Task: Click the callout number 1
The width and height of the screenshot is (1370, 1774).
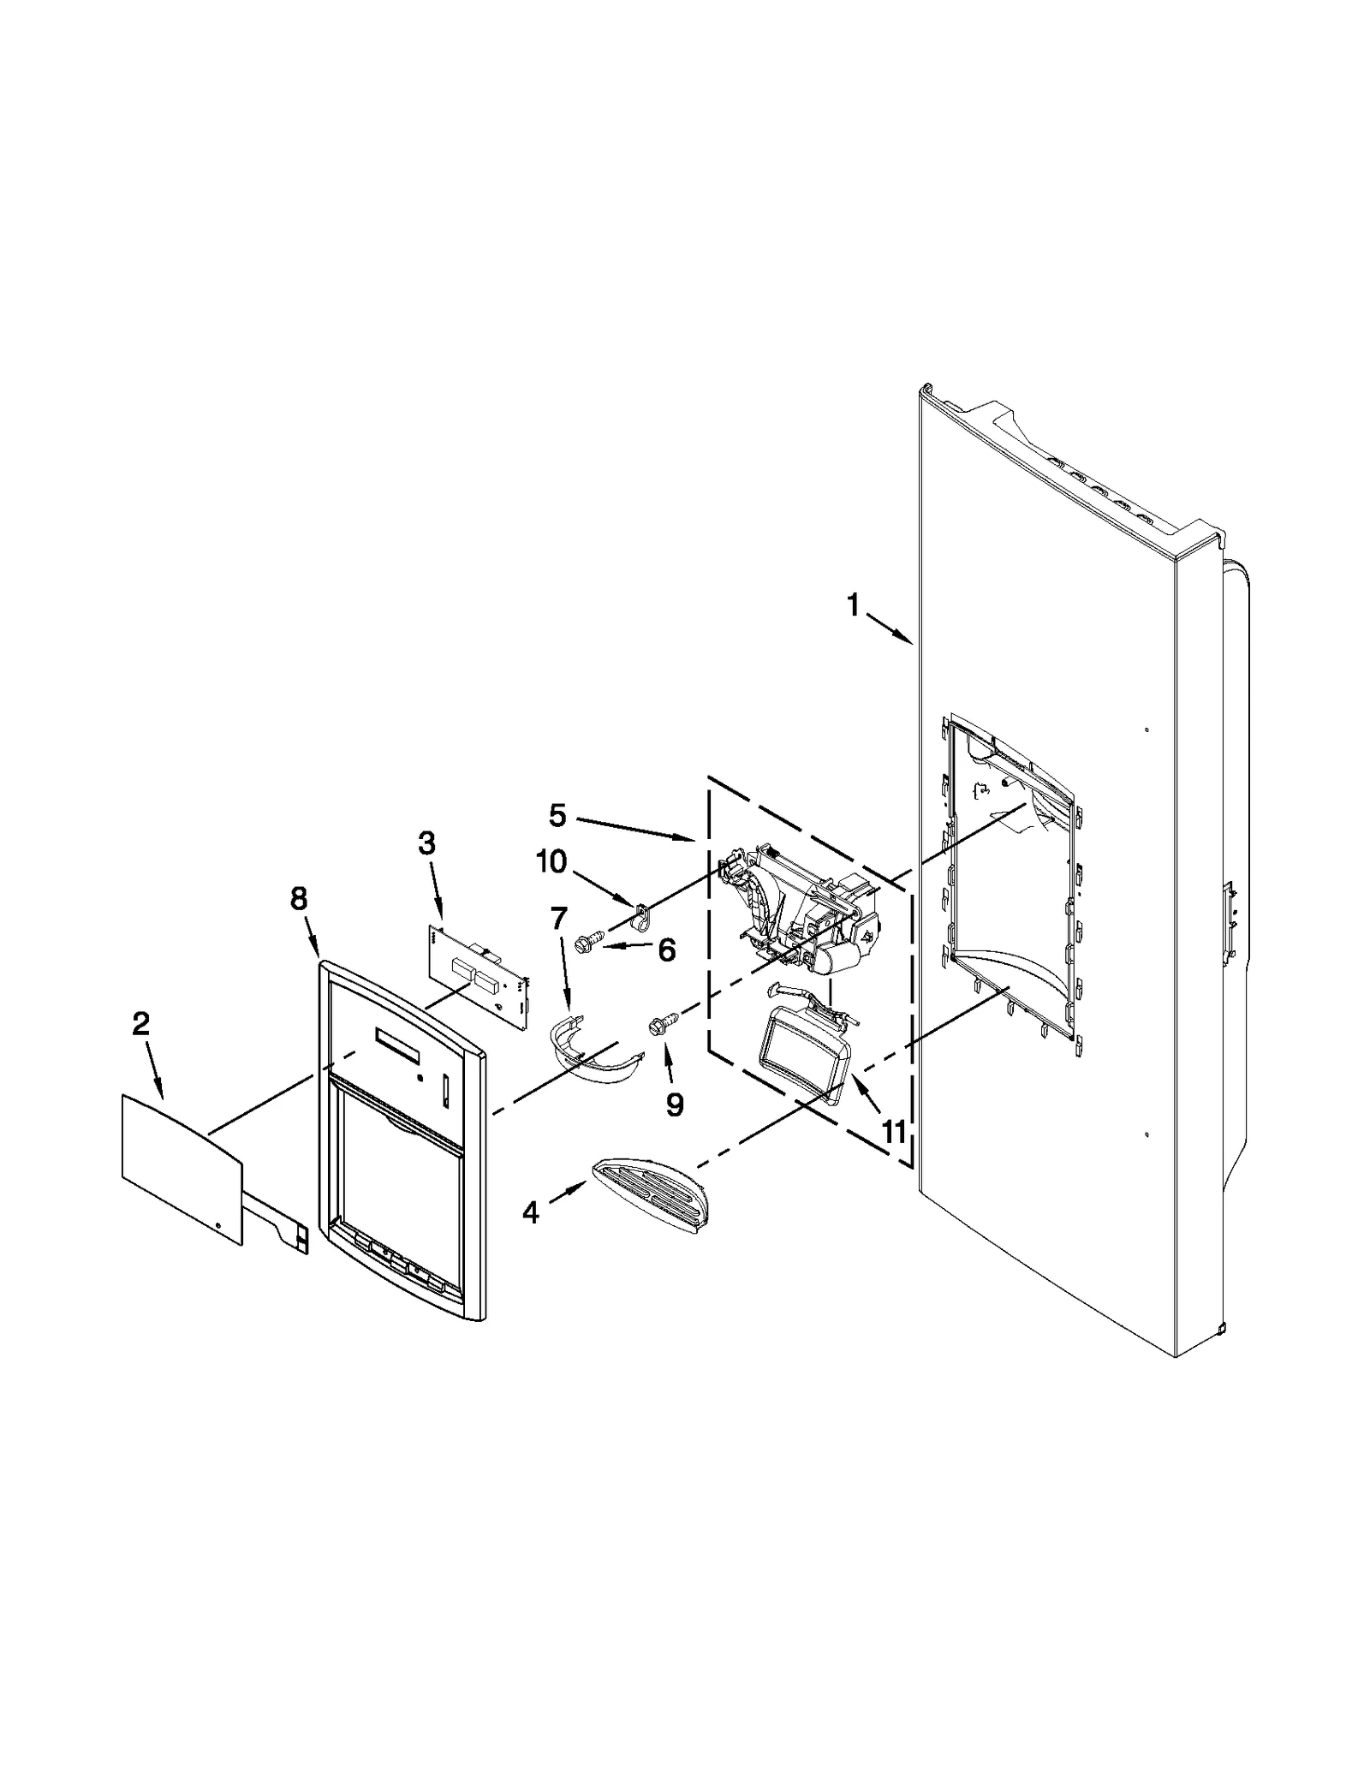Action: point(852,605)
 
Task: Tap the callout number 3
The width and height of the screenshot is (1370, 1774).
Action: point(426,843)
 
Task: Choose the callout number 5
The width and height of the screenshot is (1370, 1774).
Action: point(557,815)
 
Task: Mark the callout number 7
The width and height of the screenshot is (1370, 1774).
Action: point(558,919)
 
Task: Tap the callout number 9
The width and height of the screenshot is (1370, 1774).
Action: point(675,1105)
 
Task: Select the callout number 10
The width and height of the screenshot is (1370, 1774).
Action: point(552,861)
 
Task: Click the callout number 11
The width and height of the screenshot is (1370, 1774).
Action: point(893,1132)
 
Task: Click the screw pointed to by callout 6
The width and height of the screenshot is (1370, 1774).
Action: point(591,942)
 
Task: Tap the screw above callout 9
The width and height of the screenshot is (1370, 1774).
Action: point(664,1021)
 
